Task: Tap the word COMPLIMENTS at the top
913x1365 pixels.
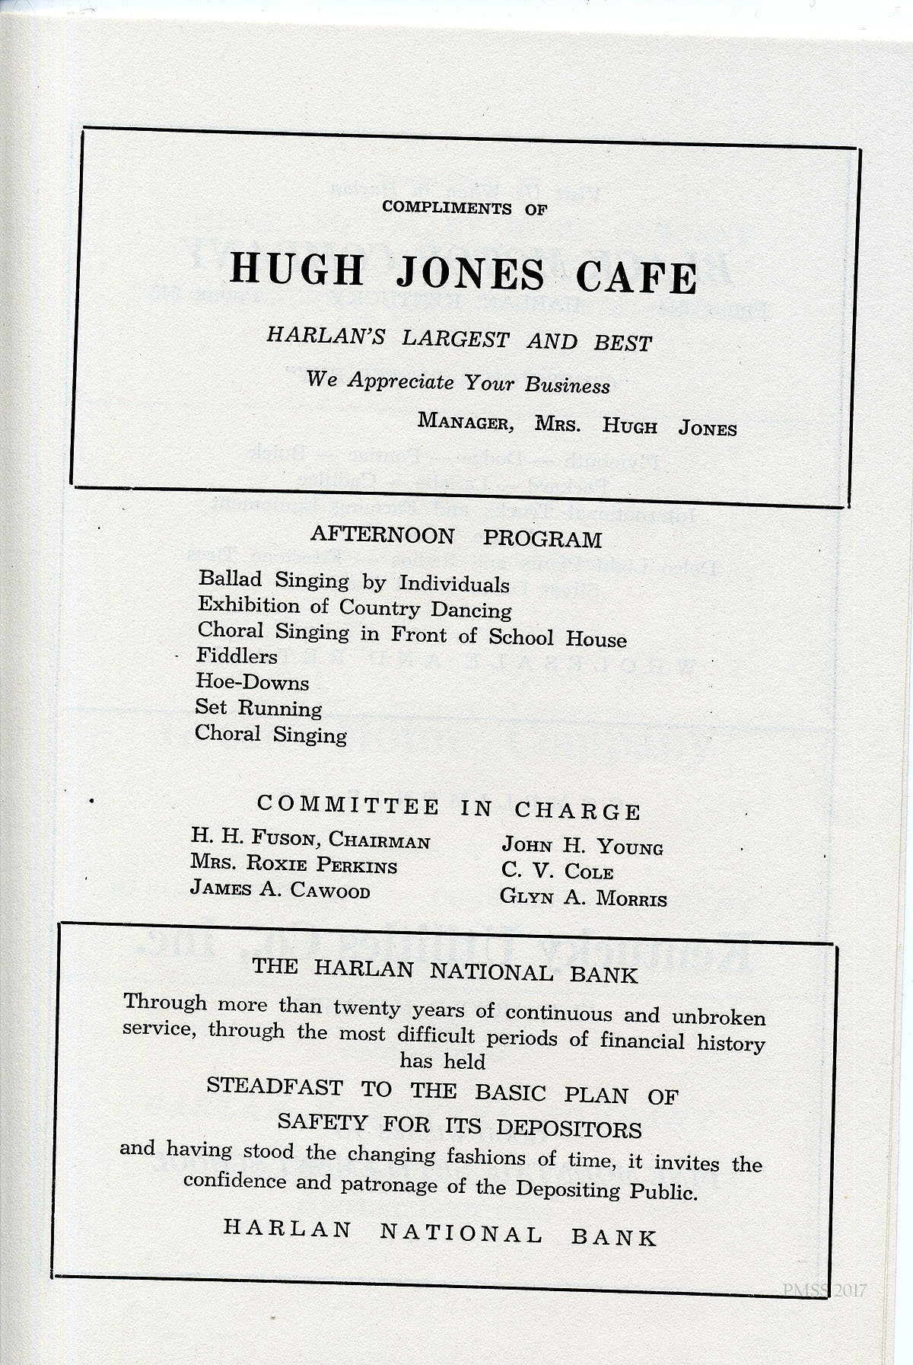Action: [447, 207]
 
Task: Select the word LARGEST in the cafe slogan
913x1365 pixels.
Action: [455, 338]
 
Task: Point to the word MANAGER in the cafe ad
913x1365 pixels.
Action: [465, 421]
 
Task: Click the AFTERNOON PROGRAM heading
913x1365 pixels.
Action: [456, 537]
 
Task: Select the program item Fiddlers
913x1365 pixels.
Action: [237, 655]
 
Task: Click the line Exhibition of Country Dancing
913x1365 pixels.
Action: [355, 608]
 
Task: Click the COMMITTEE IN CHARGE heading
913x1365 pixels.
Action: [449, 808]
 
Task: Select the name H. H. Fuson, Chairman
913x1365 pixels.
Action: [310, 838]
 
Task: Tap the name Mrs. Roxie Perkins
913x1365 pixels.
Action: [294, 864]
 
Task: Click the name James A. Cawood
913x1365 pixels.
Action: [280, 889]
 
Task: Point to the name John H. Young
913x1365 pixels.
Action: [582, 846]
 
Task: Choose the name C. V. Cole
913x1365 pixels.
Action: [557, 871]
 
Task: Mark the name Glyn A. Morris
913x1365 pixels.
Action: [583, 898]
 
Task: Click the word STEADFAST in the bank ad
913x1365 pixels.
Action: [275, 1086]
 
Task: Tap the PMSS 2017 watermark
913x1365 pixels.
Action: [824, 1290]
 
